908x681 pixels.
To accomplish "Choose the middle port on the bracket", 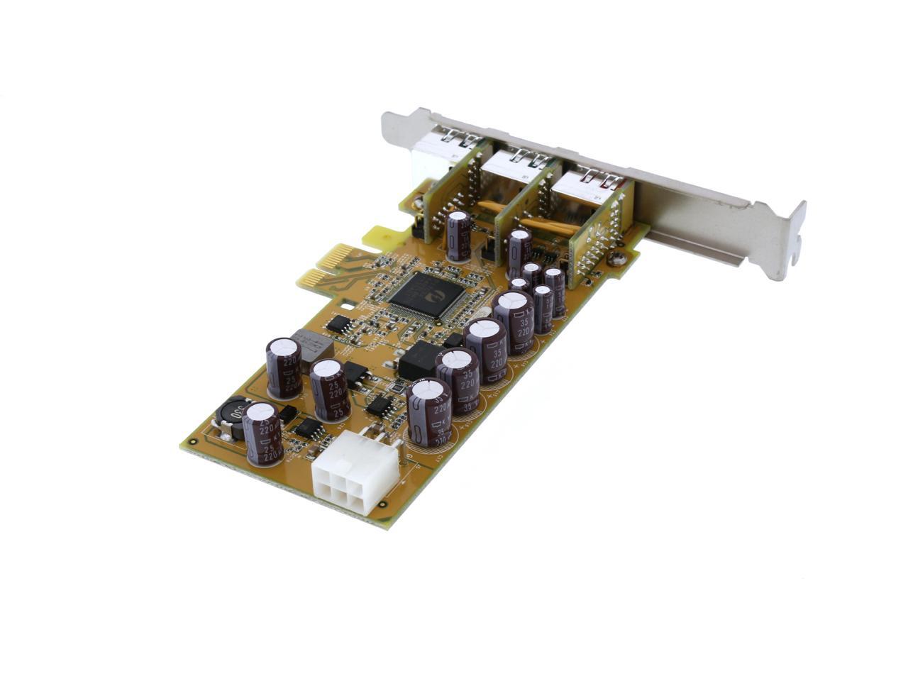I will pyautogui.click(x=521, y=164).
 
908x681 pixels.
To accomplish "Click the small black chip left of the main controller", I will pyautogui.click(x=340, y=324).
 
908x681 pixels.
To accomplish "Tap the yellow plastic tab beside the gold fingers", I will pyautogui.click(x=384, y=237).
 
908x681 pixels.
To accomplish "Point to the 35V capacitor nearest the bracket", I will pyautogui.click(x=514, y=321).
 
